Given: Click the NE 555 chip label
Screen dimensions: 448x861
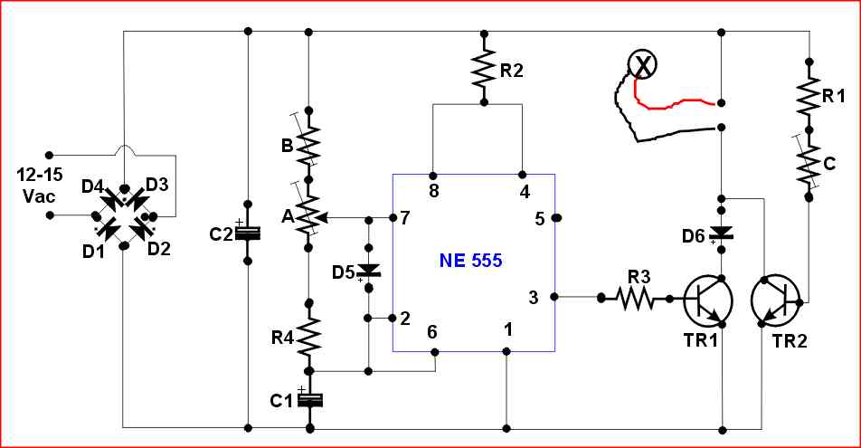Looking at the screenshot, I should tap(471, 261).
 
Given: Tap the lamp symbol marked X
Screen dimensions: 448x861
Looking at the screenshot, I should tap(643, 64).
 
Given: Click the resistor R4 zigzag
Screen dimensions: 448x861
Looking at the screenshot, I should tap(309, 336).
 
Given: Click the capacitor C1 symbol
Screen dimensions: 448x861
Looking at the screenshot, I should tap(309, 399).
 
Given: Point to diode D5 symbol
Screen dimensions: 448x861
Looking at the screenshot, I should tap(368, 270).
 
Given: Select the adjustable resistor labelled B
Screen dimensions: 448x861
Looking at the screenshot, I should tap(309, 143).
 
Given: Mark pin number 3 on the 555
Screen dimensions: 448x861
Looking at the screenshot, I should tap(534, 296).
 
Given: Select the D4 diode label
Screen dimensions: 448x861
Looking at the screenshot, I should tap(92, 186).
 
